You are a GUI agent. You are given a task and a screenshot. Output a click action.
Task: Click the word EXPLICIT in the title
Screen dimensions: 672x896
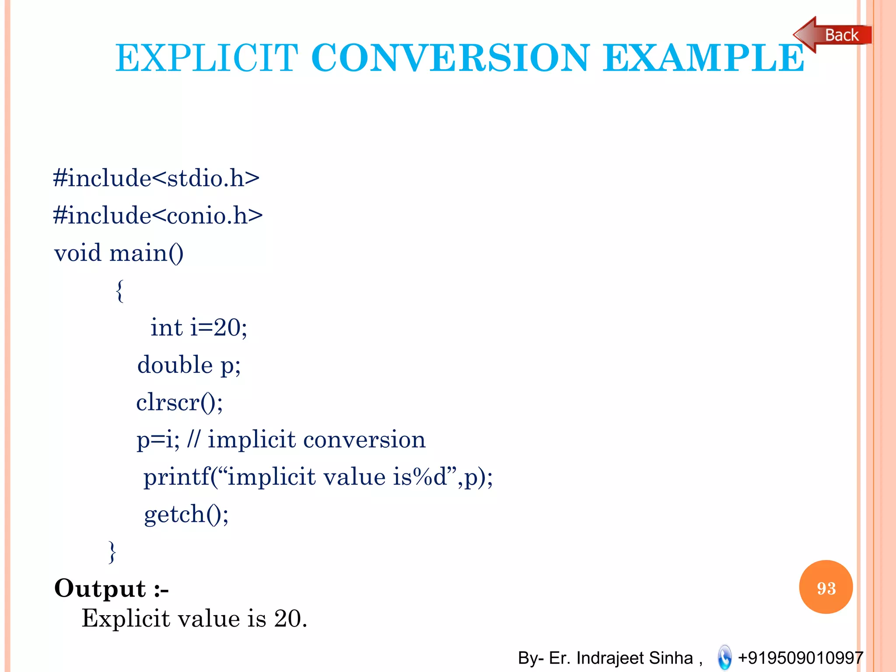(206, 58)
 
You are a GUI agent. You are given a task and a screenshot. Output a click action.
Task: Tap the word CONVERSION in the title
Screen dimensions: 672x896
(451, 58)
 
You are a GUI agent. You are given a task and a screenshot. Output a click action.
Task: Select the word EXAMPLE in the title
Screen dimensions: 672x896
(703, 58)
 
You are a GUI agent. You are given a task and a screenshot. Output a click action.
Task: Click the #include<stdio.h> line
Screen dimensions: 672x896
(156, 178)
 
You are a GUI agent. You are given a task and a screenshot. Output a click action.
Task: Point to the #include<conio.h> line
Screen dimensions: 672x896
(157, 216)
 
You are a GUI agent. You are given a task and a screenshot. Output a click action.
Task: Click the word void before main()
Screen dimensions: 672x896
(78, 253)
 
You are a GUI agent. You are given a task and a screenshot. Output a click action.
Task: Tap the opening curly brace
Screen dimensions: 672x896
(119, 291)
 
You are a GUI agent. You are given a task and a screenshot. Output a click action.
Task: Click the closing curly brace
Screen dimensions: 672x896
(112, 552)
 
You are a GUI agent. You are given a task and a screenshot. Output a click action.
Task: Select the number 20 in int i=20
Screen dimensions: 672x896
(227, 328)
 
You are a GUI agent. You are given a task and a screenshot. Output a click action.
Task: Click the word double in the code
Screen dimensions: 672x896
(175, 365)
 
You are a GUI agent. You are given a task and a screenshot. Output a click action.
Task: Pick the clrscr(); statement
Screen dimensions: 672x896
(179, 402)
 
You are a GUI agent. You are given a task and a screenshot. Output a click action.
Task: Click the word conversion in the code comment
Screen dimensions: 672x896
(364, 440)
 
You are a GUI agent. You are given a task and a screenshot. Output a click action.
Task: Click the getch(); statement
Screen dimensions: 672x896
(186, 514)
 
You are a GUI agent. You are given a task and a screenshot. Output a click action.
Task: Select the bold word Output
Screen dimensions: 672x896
(100, 588)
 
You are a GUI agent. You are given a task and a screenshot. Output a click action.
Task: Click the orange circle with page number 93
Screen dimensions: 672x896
(826, 587)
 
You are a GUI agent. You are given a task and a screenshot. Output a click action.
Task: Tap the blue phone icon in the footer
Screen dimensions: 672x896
(724, 657)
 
